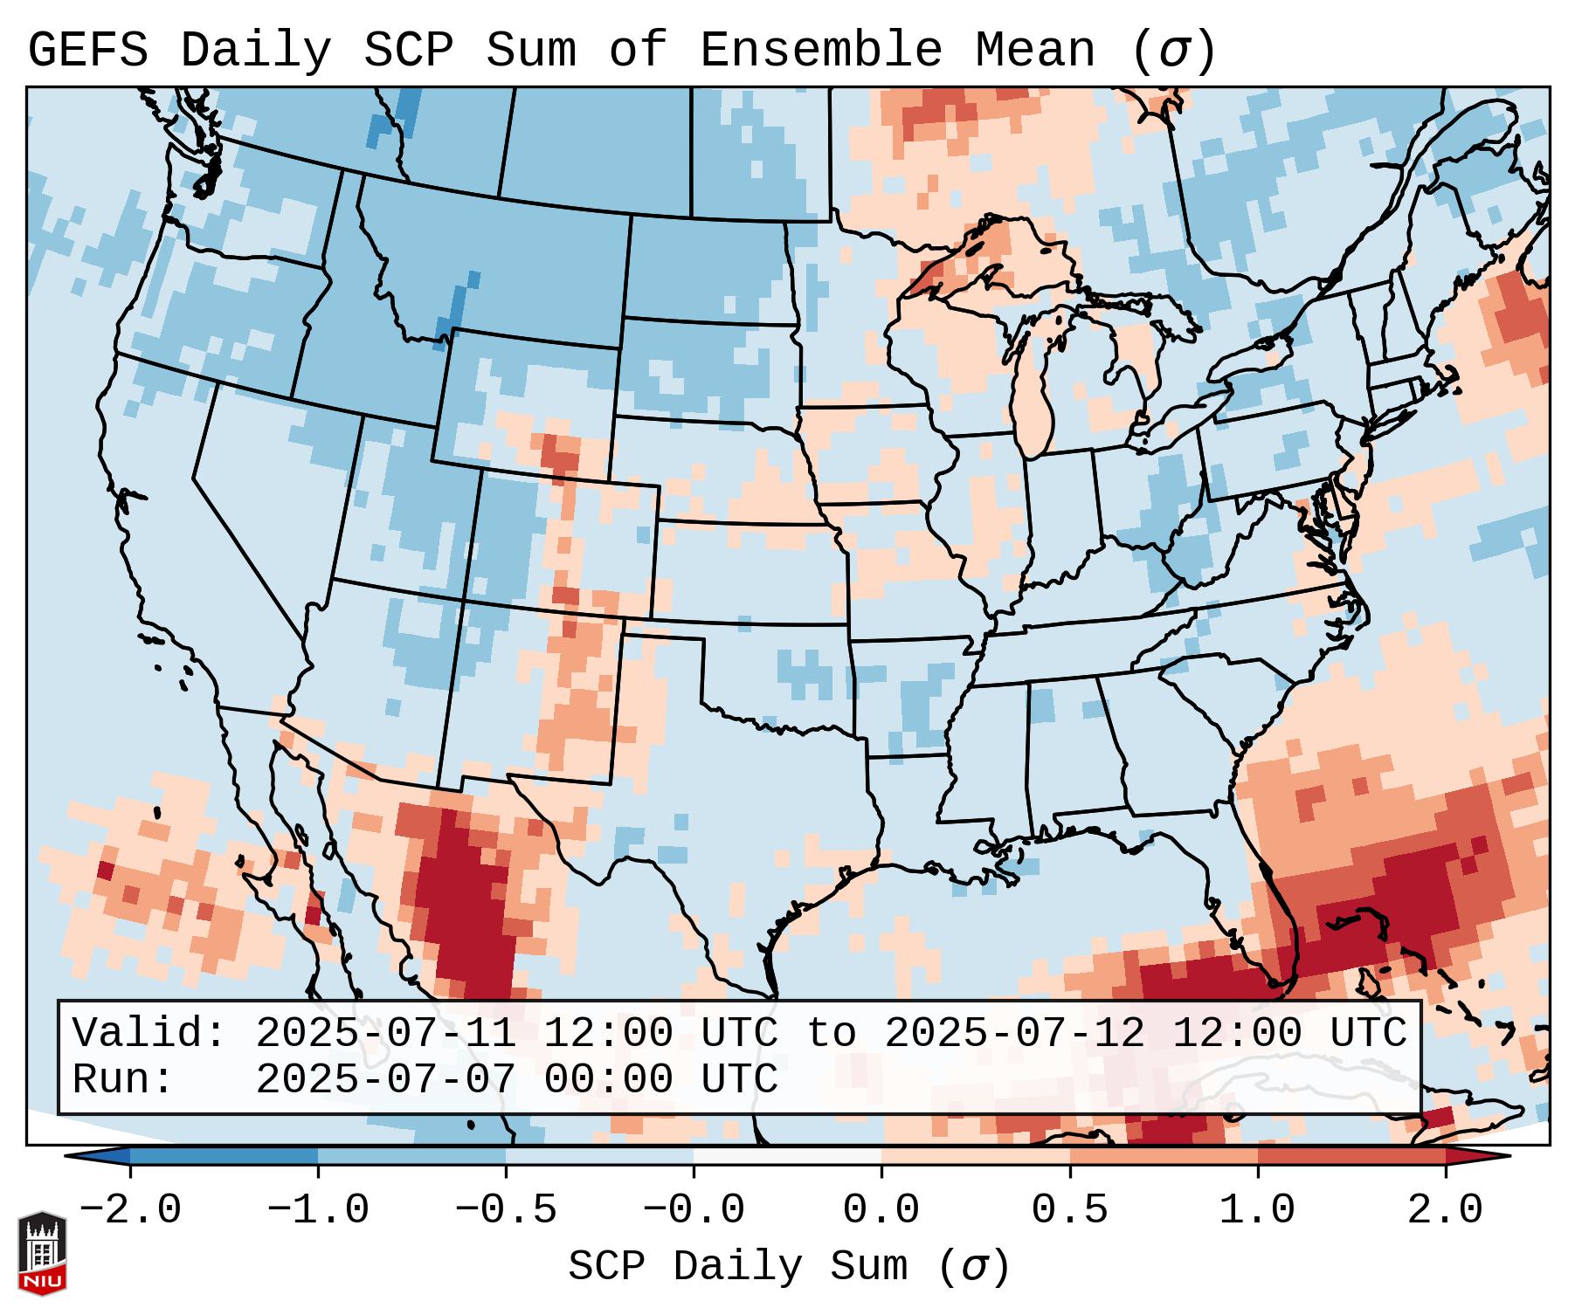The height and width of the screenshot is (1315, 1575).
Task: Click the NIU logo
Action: click(x=42, y=1252)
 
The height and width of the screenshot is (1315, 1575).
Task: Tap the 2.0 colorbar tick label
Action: click(x=1445, y=1210)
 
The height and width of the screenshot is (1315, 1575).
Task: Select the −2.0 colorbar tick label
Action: click(x=130, y=1210)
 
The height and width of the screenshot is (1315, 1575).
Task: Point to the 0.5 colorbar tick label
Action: click(x=1069, y=1210)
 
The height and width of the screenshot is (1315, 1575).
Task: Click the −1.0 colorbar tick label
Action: click(x=318, y=1210)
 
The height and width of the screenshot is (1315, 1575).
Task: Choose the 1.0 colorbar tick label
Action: click(x=1257, y=1210)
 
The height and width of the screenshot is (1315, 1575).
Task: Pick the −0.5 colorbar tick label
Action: click(x=506, y=1210)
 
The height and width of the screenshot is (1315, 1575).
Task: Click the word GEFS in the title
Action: click(x=87, y=51)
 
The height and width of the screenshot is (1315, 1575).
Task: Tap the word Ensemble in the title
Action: click(x=820, y=51)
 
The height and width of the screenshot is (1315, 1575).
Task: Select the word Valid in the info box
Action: click(x=149, y=1034)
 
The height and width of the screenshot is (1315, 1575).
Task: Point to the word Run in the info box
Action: click(x=123, y=1079)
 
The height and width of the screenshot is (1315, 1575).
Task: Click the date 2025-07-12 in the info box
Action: click(x=1014, y=1034)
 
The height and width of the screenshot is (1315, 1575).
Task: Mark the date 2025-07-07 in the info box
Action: click(x=385, y=1079)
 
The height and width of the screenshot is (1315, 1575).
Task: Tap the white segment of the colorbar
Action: click(x=787, y=1156)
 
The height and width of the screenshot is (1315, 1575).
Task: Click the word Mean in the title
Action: click(x=1034, y=51)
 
